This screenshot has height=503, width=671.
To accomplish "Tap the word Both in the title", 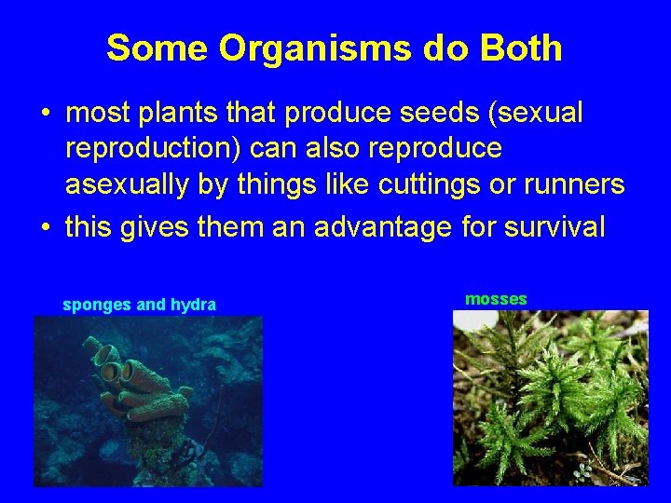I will [520, 48].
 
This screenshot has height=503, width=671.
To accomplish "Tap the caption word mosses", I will [496, 299].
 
